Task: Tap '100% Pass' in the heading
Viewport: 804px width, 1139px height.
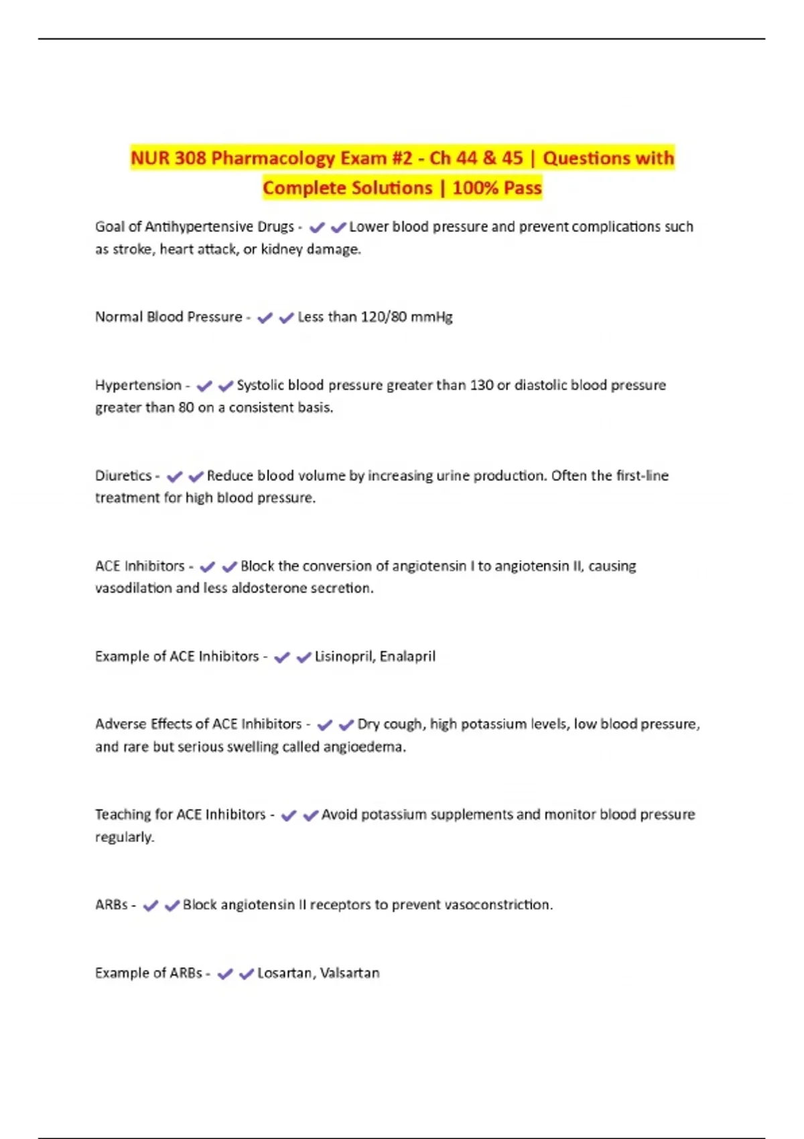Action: pos(496,188)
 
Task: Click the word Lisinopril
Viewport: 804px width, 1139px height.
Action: pos(344,657)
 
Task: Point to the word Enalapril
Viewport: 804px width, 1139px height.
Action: pos(407,657)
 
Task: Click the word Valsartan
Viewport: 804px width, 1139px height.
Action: pos(349,973)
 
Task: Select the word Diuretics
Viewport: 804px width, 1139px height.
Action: pos(124,476)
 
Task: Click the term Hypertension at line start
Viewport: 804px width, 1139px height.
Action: pos(138,385)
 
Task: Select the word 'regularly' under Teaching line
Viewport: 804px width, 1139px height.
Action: pos(124,837)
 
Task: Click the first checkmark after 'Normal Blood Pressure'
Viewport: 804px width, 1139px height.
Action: pos(265,318)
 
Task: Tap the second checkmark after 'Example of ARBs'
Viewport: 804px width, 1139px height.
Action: pos(247,974)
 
